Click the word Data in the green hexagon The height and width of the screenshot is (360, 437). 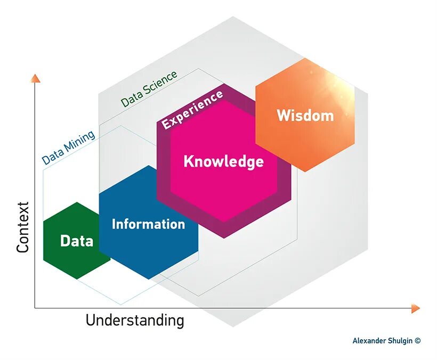pos(77,241)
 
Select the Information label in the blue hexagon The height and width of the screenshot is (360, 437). pos(148,224)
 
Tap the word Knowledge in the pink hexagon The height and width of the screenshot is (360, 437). pos(223,161)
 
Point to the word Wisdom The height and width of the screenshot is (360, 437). pos(305,115)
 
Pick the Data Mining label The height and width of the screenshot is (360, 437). pos(69,147)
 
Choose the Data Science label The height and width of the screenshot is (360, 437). pos(149,89)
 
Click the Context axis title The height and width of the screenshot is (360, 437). pos(22,227)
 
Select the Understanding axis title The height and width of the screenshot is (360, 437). pos(135,321)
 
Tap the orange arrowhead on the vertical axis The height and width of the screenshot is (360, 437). pos(35,78)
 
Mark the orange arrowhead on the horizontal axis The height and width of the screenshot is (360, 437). pos(416,308)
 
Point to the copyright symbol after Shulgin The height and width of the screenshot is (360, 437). pos(417,341)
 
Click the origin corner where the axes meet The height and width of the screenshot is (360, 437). pos(35,308)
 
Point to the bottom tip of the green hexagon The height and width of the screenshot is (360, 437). pos(77,279)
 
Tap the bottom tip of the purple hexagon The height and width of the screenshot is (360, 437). pos(224,238)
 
